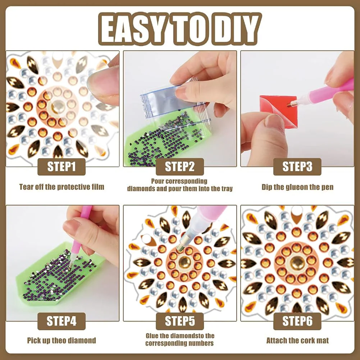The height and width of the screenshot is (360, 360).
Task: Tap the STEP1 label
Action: click(61, 167)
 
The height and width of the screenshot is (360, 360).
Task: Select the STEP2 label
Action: click(179, 167)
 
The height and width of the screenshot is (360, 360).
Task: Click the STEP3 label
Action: click(297, 167)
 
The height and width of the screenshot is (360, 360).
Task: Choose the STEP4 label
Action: click(61, 321)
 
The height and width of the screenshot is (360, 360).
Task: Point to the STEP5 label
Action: click(179, 321)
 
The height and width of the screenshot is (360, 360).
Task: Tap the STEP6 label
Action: click(297, 321)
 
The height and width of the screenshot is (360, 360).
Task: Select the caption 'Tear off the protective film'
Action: click(61, 187)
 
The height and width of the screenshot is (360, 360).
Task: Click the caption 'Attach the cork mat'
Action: click(297, 340)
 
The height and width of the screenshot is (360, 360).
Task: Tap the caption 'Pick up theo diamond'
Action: click(61, 340)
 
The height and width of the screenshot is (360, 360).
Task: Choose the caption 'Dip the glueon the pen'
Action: click(297, 187)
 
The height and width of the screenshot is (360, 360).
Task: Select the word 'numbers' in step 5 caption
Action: click(200, 343)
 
